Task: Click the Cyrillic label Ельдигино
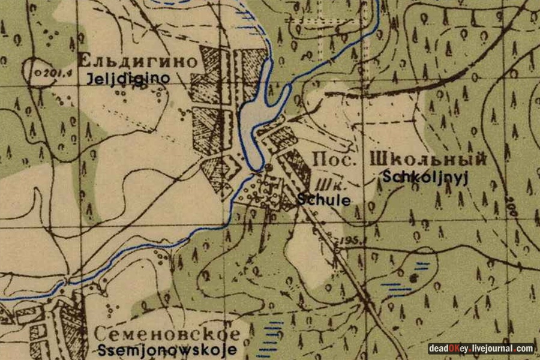click(x=138, y=62)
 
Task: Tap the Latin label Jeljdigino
click(x=127, y=78)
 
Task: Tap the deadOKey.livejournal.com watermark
click(x=481, y=349)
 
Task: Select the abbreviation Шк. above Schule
click(x=325, y=185)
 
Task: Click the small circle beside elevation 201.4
click(x=37, y=72)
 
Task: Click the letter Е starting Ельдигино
click(x=85, y=62)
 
